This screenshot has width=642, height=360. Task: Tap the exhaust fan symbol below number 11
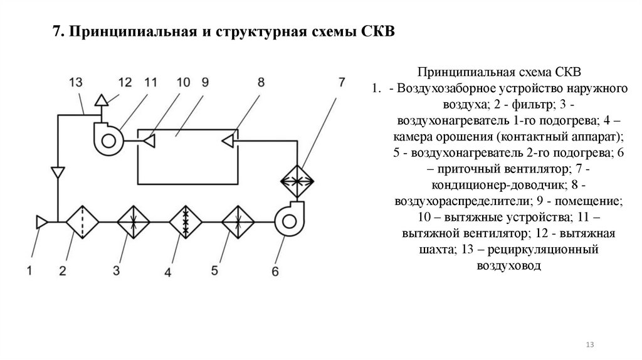[x=107, y=137]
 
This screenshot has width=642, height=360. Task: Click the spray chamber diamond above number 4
[x=185, y=221]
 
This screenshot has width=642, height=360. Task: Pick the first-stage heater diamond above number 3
[x=134, y=221]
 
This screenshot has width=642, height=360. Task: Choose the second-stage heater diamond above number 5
[x=238, y=221]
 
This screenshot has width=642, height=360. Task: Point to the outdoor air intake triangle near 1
[x=42, y=221]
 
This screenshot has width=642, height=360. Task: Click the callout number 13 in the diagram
[x=76, y=82]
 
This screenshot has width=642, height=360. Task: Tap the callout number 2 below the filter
[x=63, y=271]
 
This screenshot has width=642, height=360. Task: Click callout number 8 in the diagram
[x=261, y=82]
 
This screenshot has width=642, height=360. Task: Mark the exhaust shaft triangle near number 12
[x=100, y=100]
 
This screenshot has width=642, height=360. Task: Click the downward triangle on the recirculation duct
[x=58, y=170]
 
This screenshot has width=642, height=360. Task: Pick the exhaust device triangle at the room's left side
[x=149, y=142]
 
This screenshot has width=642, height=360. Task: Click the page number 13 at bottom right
[x=589, y=346]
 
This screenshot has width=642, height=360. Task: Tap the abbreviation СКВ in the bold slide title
[x=379, y=31]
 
